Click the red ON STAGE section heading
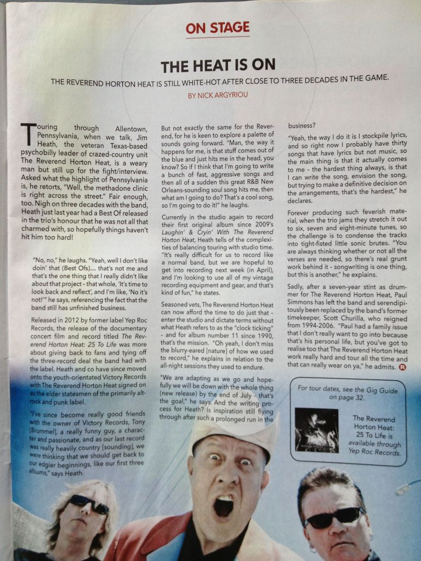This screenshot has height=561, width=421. (x=218, y=28)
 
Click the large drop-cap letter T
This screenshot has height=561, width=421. (x=27, y=133)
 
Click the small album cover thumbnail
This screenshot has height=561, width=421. (x=317, y=430)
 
